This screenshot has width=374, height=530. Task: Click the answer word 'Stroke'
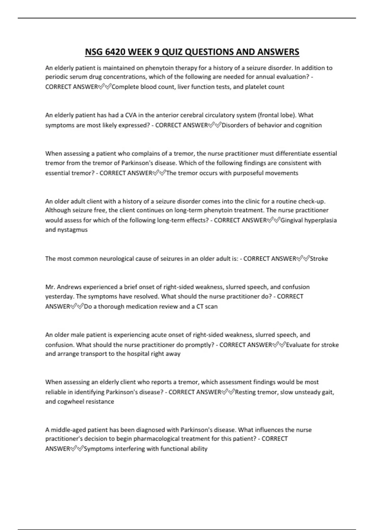tap(319, 259)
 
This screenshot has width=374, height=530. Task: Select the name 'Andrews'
tap(70, 287)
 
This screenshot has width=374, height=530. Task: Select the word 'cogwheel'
tap(71, 402)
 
